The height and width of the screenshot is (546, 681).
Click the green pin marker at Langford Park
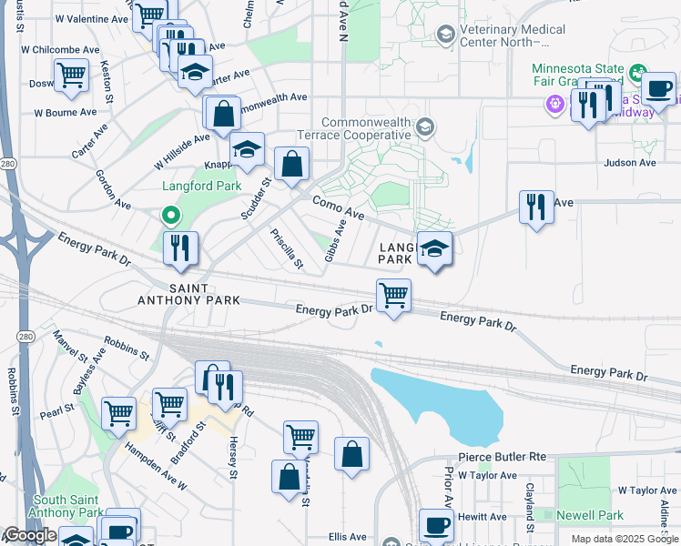tap(169, 216)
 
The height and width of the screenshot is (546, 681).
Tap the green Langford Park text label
tap(201, 186)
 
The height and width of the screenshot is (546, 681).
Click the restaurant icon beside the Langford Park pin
tap(180, 248)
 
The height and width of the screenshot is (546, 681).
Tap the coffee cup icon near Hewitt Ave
tap(436, 524)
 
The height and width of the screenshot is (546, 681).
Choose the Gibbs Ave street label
tap(335, 241)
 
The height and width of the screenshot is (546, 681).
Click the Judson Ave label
tap(630, 163)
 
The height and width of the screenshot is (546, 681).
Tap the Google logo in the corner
tap(30, 535)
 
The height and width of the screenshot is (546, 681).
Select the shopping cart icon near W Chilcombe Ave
tap(71, 76)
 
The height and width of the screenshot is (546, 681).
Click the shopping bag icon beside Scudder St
tap(291, 165)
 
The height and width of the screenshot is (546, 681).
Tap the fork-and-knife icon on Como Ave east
tap(536, 207)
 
